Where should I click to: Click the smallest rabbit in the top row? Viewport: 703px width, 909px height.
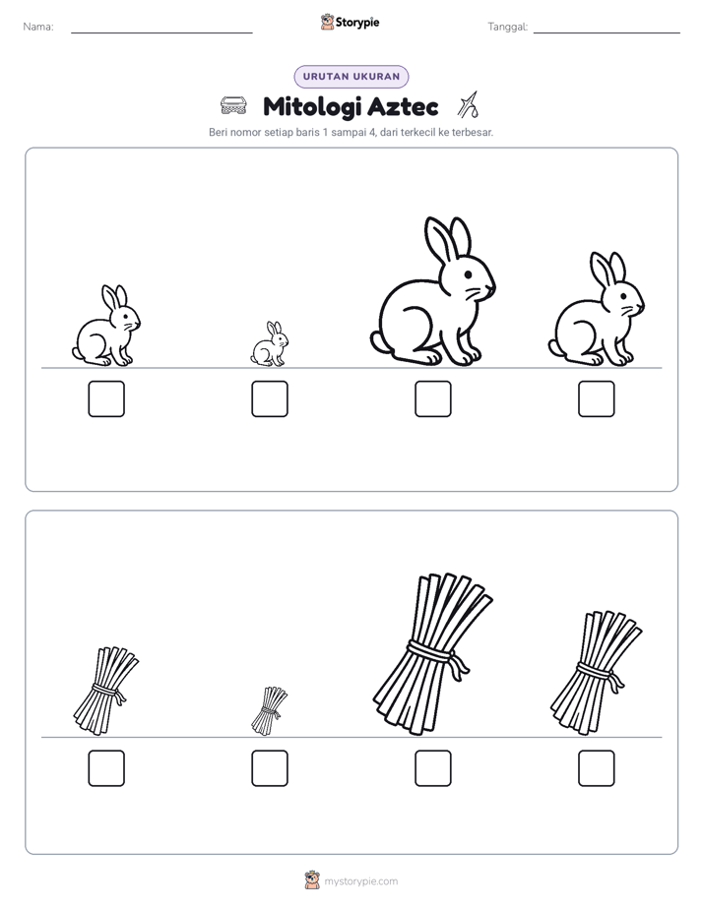point(270,344)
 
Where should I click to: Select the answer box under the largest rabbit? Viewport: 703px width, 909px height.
point(432,398)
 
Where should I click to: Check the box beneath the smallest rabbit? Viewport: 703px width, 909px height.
point(270,398)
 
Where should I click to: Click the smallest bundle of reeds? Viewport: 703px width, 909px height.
point(269,710)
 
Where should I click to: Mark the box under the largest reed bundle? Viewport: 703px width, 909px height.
point(432,768)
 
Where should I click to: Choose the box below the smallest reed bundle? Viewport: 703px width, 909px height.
point(270,768)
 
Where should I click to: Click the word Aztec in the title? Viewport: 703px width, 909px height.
point(403,106)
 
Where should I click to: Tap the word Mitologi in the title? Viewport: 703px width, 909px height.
point(312,107)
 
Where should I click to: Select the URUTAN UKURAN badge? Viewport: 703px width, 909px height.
point(351,77)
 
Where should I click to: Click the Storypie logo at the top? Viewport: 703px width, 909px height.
point(350,23)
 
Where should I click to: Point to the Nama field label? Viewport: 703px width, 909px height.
point(38,27)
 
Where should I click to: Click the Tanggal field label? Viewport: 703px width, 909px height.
point(508,27)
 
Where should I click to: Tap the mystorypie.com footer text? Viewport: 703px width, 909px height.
point(360,881)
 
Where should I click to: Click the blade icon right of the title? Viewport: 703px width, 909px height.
point(468,105)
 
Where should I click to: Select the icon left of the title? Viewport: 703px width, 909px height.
point(233,106)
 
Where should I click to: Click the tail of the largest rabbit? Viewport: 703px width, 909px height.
point(378,341)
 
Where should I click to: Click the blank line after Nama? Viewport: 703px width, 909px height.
point(161,33)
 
